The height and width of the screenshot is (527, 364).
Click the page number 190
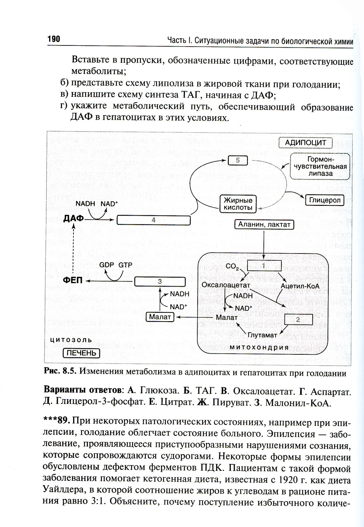[54, 39]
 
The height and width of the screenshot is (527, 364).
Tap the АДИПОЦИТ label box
[305, 143]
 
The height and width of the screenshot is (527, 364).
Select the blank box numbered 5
[237, 160]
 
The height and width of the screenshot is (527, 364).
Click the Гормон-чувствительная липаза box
[320, 166]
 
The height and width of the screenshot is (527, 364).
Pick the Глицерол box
[325, 200]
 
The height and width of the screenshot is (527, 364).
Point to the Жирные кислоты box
[238, 204]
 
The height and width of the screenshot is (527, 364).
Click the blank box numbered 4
[153, 220]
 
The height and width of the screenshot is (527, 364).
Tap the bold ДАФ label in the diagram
[73, 219]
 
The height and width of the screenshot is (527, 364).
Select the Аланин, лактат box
[264, 224]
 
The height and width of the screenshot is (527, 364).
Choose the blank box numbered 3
[160, 282]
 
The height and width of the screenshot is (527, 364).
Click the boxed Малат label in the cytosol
[160, 317]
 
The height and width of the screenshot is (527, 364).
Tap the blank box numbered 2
[298, 319]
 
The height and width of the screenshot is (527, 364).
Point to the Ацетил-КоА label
[300, 286]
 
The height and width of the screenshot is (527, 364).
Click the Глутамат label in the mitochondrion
[262, 335]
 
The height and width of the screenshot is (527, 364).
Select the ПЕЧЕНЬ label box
[81, 353]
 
